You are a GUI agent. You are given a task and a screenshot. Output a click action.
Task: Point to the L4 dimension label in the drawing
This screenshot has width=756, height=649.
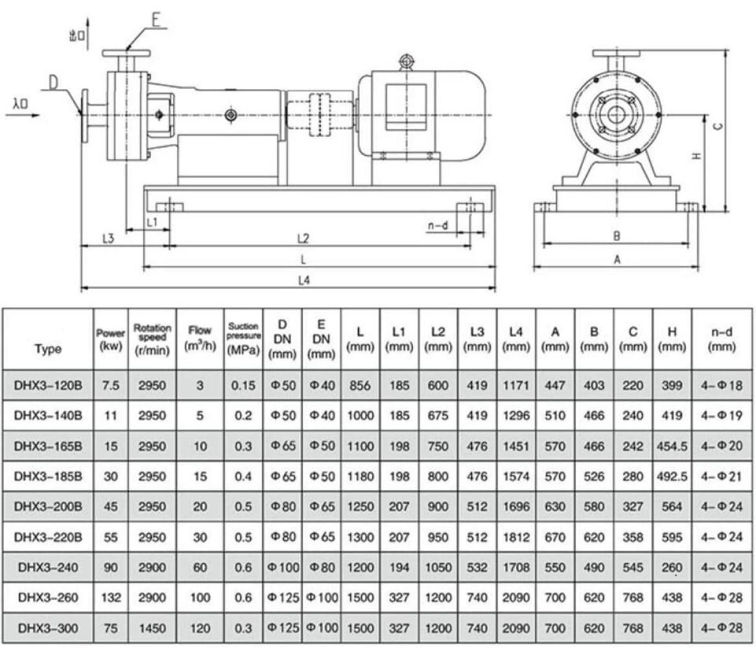click(302, 282)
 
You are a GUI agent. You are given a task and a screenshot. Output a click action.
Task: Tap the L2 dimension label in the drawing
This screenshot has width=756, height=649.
click(303, 239)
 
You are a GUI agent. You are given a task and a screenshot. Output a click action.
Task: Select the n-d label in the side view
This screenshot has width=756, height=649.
click(438, 226)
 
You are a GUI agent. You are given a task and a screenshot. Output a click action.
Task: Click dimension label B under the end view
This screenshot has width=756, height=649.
click(617, 237)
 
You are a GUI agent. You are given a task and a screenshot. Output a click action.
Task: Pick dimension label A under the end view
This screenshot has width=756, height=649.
click(617, 260)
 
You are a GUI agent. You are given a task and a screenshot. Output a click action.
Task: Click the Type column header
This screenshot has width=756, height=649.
click(49, 349)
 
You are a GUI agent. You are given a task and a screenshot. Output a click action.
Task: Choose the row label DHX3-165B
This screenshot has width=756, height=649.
click(49, 447)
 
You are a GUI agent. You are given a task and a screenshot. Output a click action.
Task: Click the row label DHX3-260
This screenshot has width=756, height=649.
click(49, 598)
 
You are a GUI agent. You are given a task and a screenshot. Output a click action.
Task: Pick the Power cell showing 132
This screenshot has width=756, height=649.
click(111, 598)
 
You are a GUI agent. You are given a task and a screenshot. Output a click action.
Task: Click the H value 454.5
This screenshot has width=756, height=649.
click(672, 447)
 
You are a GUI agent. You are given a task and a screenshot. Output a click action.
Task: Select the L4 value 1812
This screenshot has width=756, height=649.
click(516, 537)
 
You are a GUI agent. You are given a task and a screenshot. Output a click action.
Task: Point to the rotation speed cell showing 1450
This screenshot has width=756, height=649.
click(152, 628)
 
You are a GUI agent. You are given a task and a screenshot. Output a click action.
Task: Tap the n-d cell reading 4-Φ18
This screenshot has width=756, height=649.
click(724, 386)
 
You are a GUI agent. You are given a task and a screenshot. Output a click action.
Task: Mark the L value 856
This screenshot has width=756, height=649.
click(360, 386)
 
